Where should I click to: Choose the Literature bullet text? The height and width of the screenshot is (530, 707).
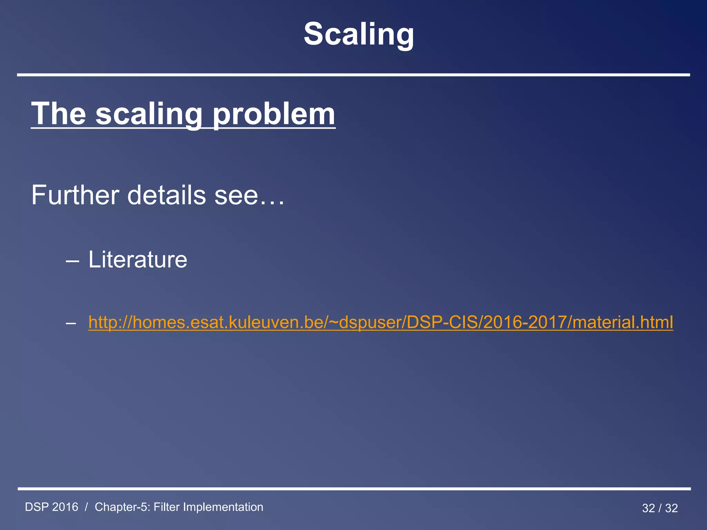138,259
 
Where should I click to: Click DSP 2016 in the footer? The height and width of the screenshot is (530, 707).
52,507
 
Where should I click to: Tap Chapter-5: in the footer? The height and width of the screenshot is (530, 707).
122,507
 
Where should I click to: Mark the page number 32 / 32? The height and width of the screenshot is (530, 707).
660,508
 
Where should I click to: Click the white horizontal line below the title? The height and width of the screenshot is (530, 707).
353,75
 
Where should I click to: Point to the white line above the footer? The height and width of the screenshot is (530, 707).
353,489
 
